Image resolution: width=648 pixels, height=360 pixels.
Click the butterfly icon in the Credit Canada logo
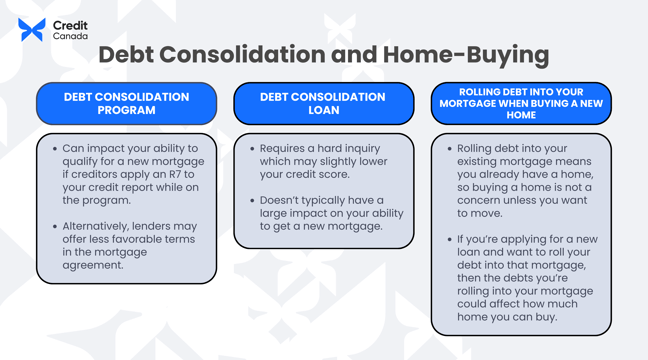click(x=31, y=30)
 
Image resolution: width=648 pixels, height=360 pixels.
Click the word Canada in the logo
click(x=69, y=36)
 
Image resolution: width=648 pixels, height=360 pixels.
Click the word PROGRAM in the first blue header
click(x=126, y=110)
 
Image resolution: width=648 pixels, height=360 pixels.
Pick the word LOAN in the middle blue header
click(x=323, y=110)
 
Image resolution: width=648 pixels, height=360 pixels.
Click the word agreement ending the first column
click(x=92, y=265)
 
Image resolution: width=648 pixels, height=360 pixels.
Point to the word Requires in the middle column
click(x=284, y=148)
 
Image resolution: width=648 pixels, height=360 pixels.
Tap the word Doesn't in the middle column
click(x=283, y=200)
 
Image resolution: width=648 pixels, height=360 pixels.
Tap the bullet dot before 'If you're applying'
click(x=449, y=239)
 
